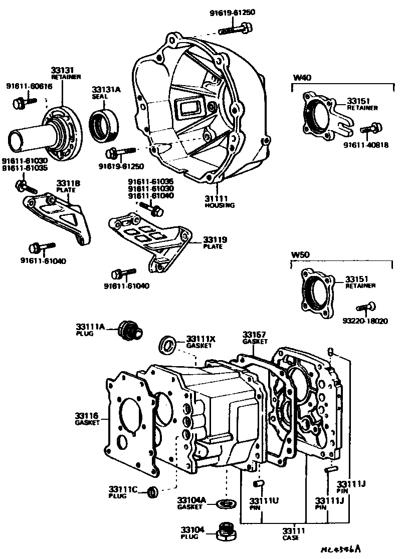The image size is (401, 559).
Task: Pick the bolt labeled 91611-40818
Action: tap(371, 129)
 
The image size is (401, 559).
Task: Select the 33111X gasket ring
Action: tap(168, 344)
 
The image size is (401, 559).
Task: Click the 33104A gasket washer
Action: tap(224, 503)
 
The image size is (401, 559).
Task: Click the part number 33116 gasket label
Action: tap(86, 416)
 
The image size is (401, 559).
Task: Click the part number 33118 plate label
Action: tap(65, 183)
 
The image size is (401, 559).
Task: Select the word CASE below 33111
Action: tap(291, 537)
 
